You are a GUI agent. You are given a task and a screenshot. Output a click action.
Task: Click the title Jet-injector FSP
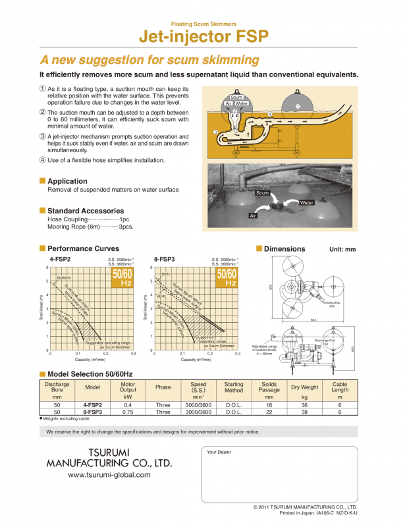pos(203,36)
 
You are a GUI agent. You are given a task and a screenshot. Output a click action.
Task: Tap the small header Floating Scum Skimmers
pos(203,23)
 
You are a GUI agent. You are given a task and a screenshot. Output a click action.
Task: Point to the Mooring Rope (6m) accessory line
pos(90,227)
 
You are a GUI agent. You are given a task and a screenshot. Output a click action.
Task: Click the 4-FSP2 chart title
pos(60,259)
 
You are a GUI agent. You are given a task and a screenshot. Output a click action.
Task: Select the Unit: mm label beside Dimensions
pos(342,250)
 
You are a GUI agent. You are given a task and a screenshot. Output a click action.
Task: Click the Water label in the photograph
pos(306,203)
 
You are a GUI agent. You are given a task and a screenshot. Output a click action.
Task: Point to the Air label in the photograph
pos(252,215)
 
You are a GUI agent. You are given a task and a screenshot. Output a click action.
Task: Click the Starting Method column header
pos(234,387)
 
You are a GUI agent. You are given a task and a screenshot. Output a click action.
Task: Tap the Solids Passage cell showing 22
pos(269,412)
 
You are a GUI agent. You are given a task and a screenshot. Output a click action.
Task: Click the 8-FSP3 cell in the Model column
pos(92,412)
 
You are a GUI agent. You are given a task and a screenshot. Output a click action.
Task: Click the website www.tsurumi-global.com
pos(109,474)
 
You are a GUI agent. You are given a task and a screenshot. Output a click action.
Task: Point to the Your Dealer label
pos(219,452)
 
